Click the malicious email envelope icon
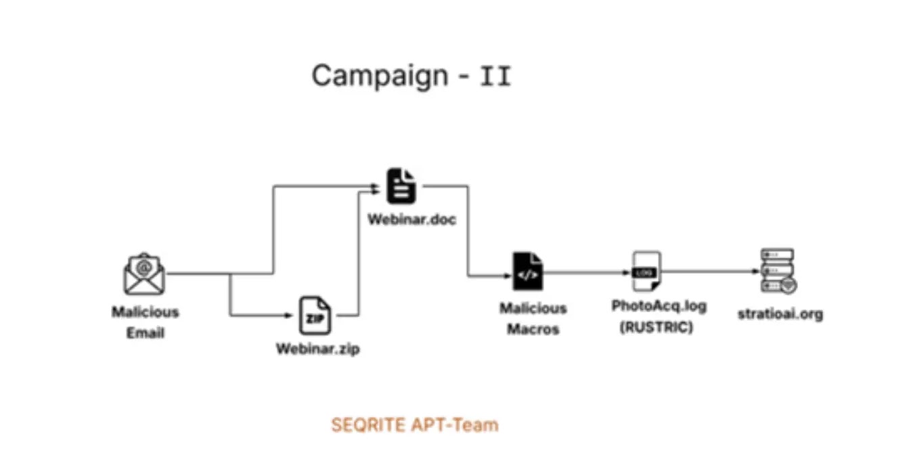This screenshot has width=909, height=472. (144, 274)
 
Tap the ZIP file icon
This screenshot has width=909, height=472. (315, 316)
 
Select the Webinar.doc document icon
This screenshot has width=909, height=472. (401, 186)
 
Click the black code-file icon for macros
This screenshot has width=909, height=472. (527, 273)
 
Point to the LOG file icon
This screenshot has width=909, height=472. (646, 272)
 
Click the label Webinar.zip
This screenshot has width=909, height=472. (317, 350)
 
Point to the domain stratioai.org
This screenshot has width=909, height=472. (780, 314)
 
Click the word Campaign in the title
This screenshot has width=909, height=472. (380, 75)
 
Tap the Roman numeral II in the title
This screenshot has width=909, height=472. (495, 77)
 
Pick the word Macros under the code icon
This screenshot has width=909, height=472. (533, 329)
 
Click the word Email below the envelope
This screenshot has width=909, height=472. (146, 333)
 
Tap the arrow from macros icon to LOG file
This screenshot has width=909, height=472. (585, 272)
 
